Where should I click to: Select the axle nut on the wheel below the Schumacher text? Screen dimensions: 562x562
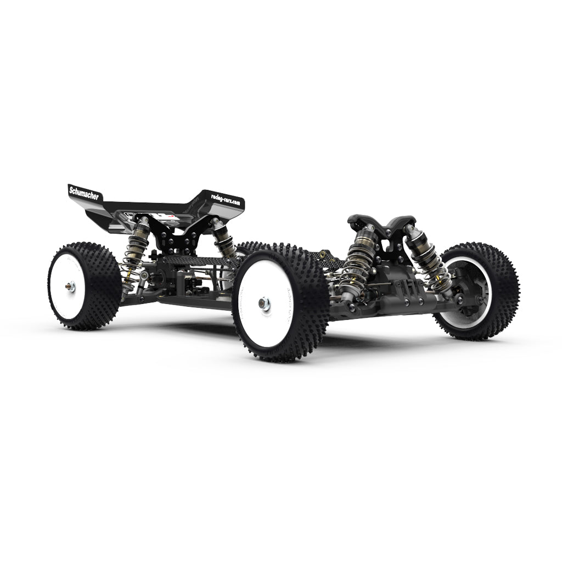[71, 285]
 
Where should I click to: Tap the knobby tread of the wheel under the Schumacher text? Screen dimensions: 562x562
[104, 285]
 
